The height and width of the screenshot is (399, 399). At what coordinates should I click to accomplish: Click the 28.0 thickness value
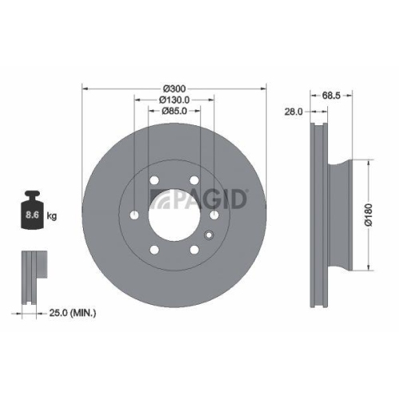[x=294, y=113]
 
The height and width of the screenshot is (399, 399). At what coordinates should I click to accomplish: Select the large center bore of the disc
[x=174, y=214]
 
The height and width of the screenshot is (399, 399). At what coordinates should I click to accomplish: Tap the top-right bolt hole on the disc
[x=194, y=180]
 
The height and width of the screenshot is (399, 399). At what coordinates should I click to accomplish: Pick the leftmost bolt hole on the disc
[x=134, y=214]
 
